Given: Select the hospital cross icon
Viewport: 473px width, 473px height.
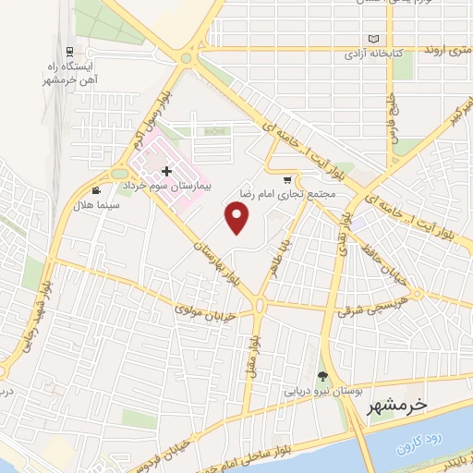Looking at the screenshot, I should click(x=166, y=171).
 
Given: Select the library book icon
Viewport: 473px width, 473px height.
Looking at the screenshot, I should click(x=374, y=39).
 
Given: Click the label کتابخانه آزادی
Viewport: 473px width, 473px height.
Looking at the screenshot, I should click(x=374, y=54).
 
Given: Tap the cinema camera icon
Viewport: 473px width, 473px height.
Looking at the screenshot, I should click(x=96, y=191).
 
